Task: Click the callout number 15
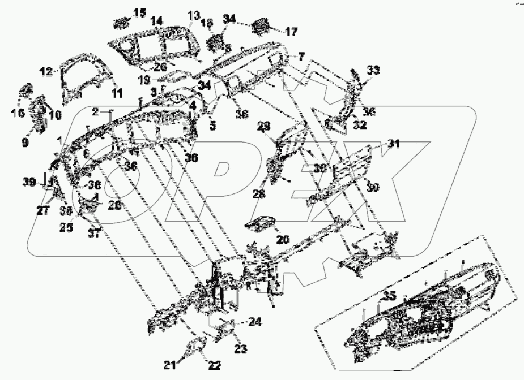pyautogui.click(x=139, y=12)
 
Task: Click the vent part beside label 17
pyautogui.click(x=261, y=26)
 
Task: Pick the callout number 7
pyautogui.click(x=301, y=57)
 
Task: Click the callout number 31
pyautogui.click(x=394, y=144)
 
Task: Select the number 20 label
pyautogui.click(x=283, y=240)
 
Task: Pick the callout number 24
pyautogui.click(x=255, y=323)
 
